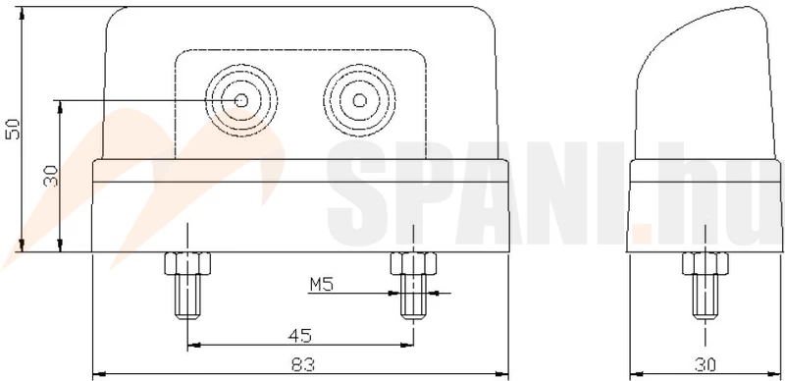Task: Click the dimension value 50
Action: tap(13, 129)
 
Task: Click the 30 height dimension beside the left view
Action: tap(51, 176)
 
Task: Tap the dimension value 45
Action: tap(300, 336)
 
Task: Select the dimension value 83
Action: tap(303, 364)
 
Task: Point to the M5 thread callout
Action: tap(322, 285)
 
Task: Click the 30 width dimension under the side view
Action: tap(705, 364)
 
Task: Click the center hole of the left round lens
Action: tap(241, 101)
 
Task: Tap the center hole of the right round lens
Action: tap(359, 101)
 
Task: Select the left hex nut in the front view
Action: tap(187, 263)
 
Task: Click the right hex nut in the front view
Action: tap(413, 263)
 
